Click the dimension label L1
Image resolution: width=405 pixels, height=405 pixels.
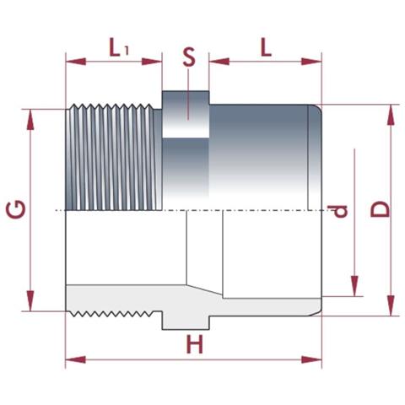coord(119,49)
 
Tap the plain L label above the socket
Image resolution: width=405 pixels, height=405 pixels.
coord(266,48)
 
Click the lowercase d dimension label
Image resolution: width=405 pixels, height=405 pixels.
coord(340,210)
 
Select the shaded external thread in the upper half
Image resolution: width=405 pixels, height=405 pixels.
coord(112,156)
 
